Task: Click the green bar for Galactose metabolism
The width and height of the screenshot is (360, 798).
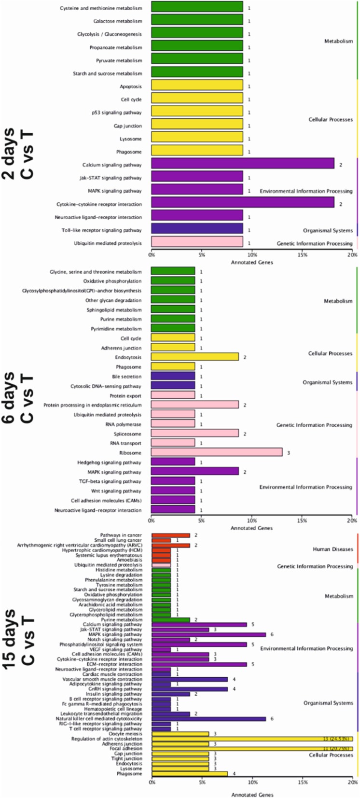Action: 197,21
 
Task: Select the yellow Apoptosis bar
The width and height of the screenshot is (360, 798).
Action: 197,86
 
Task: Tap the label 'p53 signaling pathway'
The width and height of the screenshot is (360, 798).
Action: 117,113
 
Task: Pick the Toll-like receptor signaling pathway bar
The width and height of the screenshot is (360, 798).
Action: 197,230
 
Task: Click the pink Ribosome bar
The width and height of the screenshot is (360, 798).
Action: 217,453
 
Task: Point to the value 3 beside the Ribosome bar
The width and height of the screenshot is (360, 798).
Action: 289,453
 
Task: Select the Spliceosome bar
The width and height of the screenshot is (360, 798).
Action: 195,434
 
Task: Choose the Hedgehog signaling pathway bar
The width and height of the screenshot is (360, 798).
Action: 173,462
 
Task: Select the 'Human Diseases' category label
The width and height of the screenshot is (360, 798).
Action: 332,549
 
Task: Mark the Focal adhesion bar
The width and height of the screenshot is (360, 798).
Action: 252,749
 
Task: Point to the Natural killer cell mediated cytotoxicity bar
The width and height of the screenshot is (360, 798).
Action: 208,719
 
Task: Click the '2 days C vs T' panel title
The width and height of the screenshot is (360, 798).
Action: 19,154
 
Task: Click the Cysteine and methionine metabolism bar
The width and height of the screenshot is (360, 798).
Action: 197,8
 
